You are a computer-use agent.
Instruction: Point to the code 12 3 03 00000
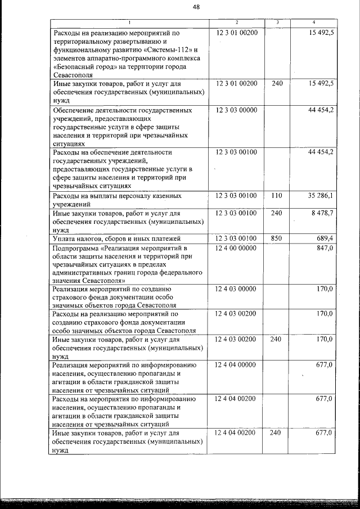236,110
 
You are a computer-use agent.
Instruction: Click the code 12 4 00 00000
236,248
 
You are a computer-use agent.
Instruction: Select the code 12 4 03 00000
236,289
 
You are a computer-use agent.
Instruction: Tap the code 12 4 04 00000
236,365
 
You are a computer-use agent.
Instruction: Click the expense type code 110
276,196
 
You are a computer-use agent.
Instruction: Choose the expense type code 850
276,239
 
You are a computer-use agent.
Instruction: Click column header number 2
236,22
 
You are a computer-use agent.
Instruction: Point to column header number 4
313,22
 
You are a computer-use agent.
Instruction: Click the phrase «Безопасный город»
79,66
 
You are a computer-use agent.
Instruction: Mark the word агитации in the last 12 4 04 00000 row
66,382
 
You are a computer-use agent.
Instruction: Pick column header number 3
276,22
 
